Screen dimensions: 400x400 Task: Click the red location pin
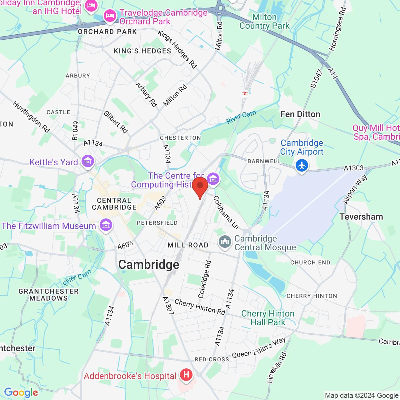pyautogui.click(x=200, y=187)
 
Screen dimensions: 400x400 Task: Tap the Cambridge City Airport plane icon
pyautogui.click(x=302, y=165)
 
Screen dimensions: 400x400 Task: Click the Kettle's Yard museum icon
pyautogui.click(x=88, y=161)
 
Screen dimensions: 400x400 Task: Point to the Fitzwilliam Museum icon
pyautogui.click(x=106, y=225)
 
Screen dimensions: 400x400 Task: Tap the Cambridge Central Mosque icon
pyautogui.click(x=225, y=242)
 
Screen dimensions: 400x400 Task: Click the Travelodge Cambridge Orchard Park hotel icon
pyautogui.click(x=110, y=15)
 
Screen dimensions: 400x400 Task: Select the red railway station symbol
pyautogui.click(x=245, y=93)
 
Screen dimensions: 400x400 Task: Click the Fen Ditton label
pyautogui.click(x=300, y=114)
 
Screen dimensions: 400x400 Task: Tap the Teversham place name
pyautogui.click(x=361, y=217)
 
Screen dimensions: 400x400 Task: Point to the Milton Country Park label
pyautogui.click(x=264, y=21)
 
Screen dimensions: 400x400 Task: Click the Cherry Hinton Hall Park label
pyautogui.click(x=268, y=318)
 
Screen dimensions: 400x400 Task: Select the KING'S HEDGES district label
pyautogui.click(x=142, y=51)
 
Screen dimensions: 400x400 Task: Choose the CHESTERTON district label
pyautogui.click(x=180, y=138)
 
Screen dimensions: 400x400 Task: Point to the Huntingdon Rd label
pyautogui.click(x=31, y=117)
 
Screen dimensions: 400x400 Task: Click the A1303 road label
pyautogui.click(x=354, y=168)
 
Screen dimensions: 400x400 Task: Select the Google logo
pyautogui.click(x=21, y=392)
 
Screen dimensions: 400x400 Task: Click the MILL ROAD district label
pyautogui.click(x=188, y=245)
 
